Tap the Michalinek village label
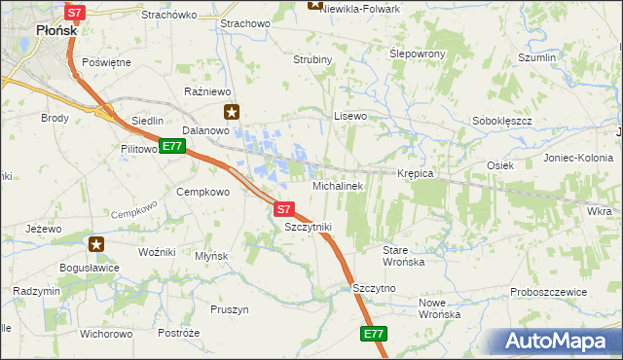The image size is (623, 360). point(337,185)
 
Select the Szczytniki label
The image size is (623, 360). point(308,227)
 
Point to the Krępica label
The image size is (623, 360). point(415,173)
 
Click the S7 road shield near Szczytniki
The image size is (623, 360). point(283,208)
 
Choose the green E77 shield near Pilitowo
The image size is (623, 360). point(172,146)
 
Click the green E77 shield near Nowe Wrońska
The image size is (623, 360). point(374,333)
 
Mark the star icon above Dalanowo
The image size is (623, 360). point(231,111)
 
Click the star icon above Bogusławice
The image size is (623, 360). point(96,243)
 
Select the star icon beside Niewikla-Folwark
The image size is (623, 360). point(314,4)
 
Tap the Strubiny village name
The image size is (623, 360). point(312,59)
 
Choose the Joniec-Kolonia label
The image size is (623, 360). point(578,157)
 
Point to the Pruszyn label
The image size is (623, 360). point(230,309)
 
